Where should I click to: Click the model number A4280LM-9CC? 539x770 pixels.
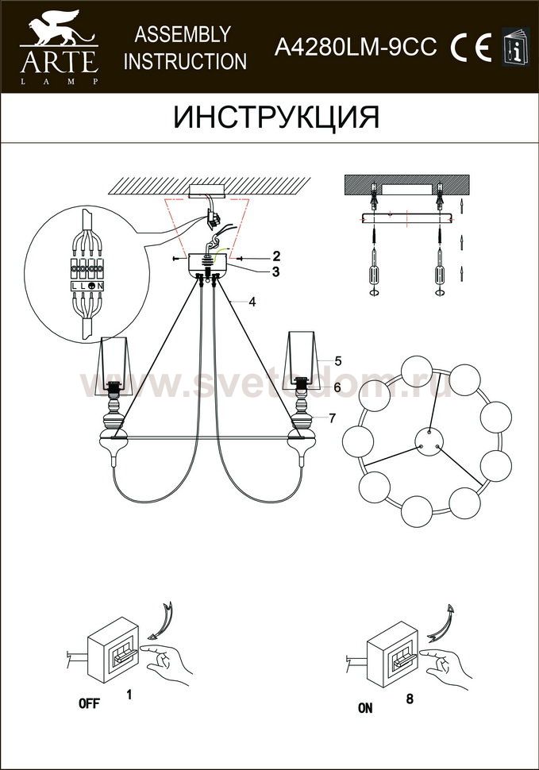point(356,48)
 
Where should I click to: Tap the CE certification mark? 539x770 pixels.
point(471,47)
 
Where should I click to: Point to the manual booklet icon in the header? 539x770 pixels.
point(516,46)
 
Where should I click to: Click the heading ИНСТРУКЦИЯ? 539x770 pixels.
point(276,117)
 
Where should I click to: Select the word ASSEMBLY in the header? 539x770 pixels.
point(183,34)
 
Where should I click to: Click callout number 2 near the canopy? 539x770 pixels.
point(276,256)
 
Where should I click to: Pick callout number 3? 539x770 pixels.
point(276,271)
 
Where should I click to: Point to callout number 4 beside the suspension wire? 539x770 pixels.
point(252,302)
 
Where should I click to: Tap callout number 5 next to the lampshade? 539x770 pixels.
point(337,361)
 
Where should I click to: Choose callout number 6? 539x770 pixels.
point(337,387)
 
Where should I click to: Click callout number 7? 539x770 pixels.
point(333,418)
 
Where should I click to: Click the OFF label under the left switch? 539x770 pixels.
point(89,703)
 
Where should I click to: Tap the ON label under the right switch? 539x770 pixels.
point(365,708)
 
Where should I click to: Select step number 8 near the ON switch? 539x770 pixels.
point(410,699)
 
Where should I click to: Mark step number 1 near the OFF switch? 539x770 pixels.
point(129,695)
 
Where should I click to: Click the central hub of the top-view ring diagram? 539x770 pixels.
point(429,441)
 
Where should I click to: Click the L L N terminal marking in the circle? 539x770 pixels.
point(87,285)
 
